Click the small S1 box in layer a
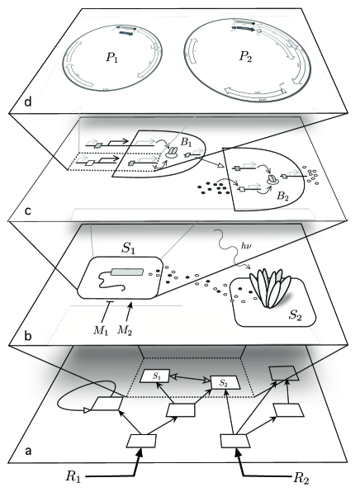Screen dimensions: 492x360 pyautogui.click(x=156, y=376)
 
